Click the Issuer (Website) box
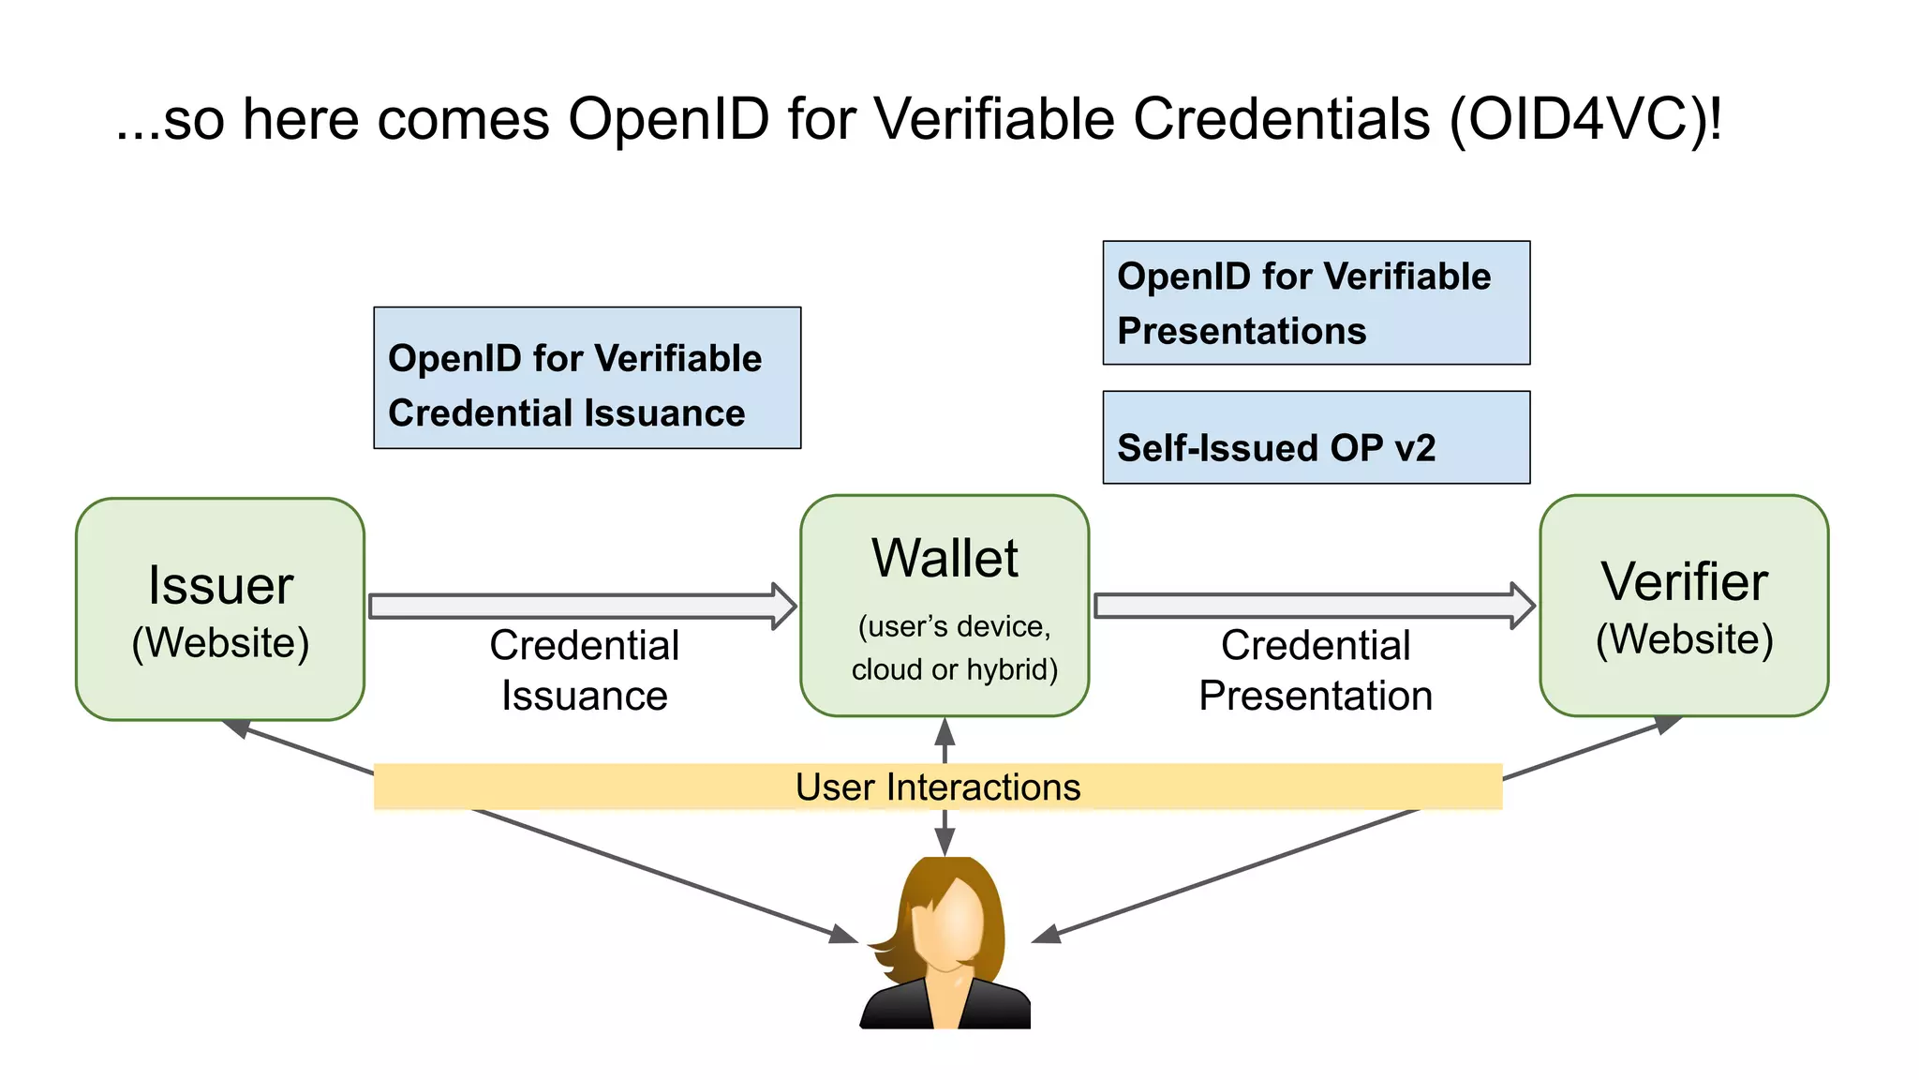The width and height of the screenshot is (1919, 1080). [220, 609]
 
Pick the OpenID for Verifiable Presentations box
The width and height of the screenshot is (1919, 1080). [1316, 303]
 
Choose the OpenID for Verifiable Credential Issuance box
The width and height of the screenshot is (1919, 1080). [587, 378]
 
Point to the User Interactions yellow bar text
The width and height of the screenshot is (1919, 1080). [938, 787]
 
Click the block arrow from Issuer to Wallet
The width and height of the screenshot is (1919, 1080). [581, 606]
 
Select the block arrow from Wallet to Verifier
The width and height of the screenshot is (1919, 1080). [1312, 606]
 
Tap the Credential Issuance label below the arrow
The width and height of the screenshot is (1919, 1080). [584, 670]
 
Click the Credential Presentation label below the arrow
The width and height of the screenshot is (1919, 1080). [1316, 670]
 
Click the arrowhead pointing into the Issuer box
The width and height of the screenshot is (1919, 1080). [236, 727]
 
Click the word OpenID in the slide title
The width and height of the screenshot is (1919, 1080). [668, 120]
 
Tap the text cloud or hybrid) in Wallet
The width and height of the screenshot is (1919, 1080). [954, 669]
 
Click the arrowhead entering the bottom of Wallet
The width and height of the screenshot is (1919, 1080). [945, 731]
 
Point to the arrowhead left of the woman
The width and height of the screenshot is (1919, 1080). [842, 934]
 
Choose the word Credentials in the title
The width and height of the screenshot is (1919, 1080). [1282, 120]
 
